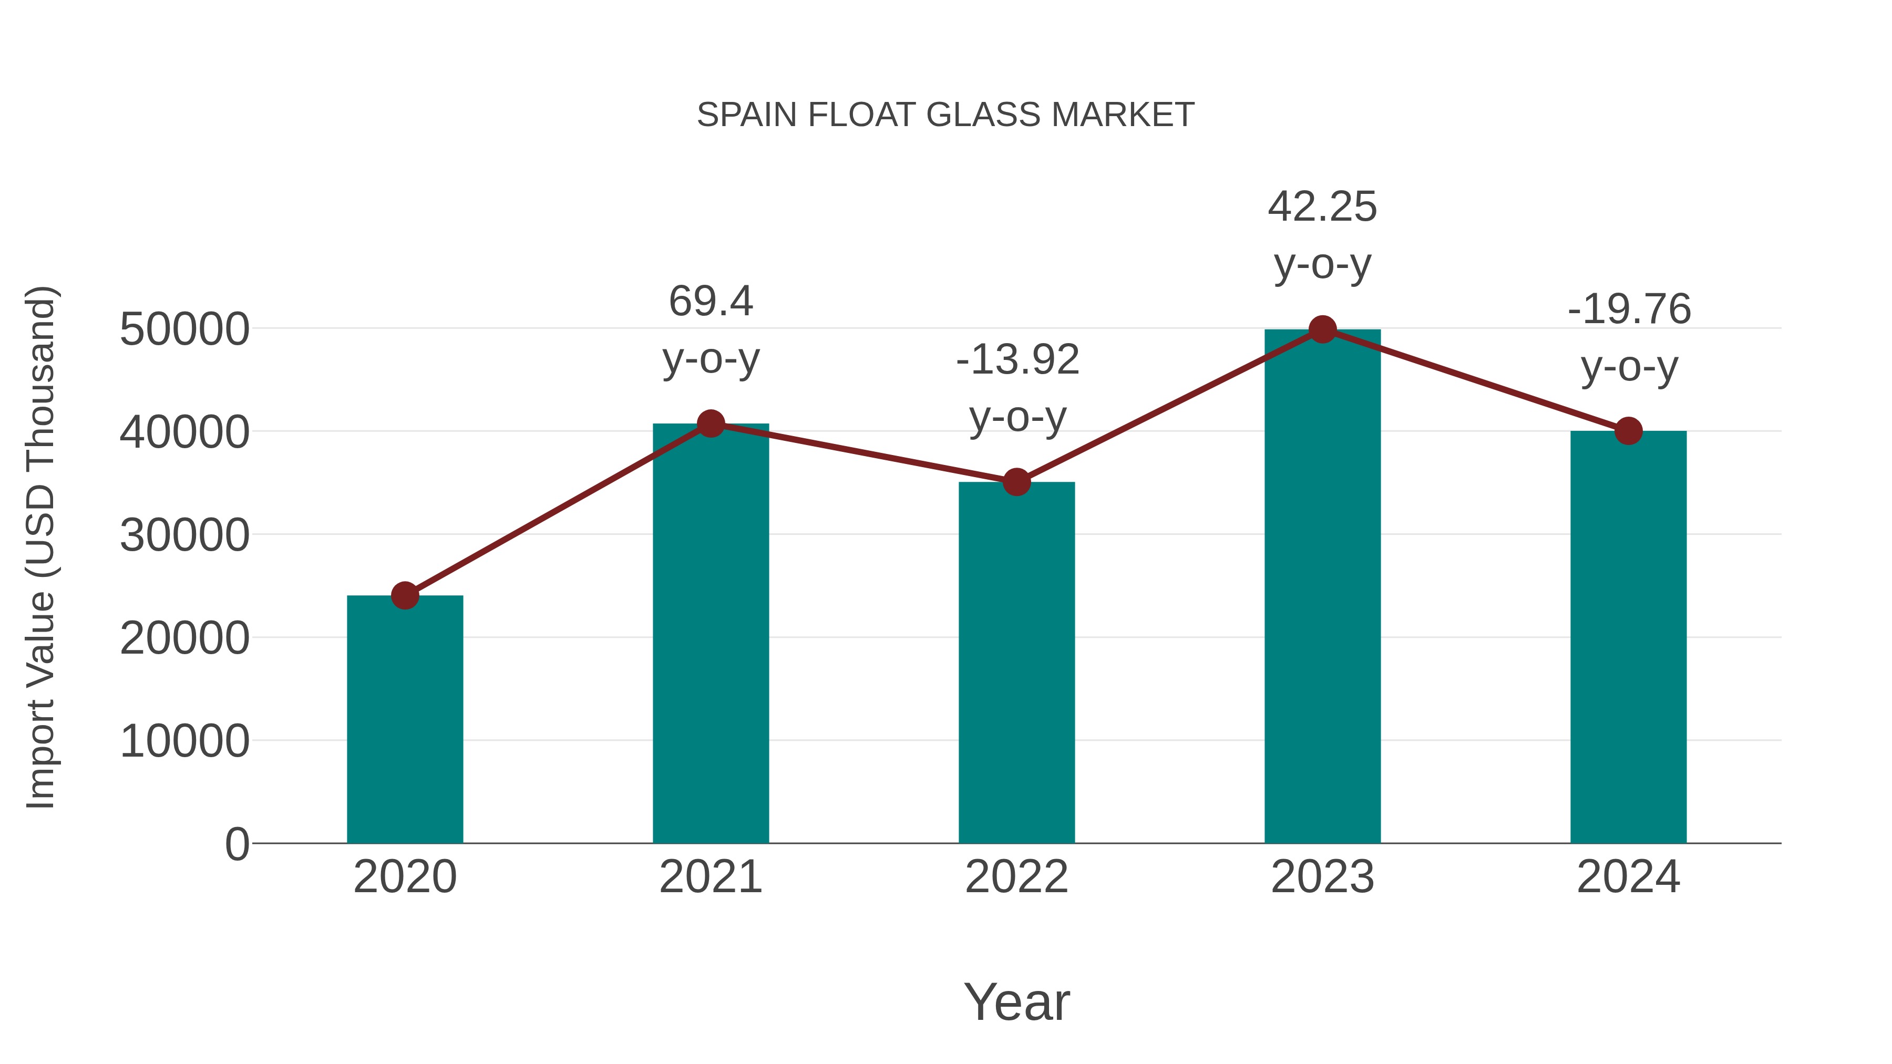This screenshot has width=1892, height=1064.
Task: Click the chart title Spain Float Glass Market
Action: pos(945,115)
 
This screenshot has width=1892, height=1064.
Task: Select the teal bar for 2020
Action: pos(405,720)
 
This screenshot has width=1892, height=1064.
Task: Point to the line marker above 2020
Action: pos(405,595)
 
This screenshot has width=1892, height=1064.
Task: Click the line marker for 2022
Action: pos(1016,482)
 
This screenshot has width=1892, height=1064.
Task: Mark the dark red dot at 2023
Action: pos(1322,329)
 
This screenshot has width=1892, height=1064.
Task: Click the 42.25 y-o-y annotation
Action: pos(1322,235)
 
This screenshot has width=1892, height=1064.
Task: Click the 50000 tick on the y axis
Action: pos(184,329)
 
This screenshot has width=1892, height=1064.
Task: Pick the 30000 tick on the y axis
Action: pos(184,535)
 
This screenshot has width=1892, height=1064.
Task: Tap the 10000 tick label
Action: pos(184,741)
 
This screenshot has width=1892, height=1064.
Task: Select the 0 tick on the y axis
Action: pos(236,844)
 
